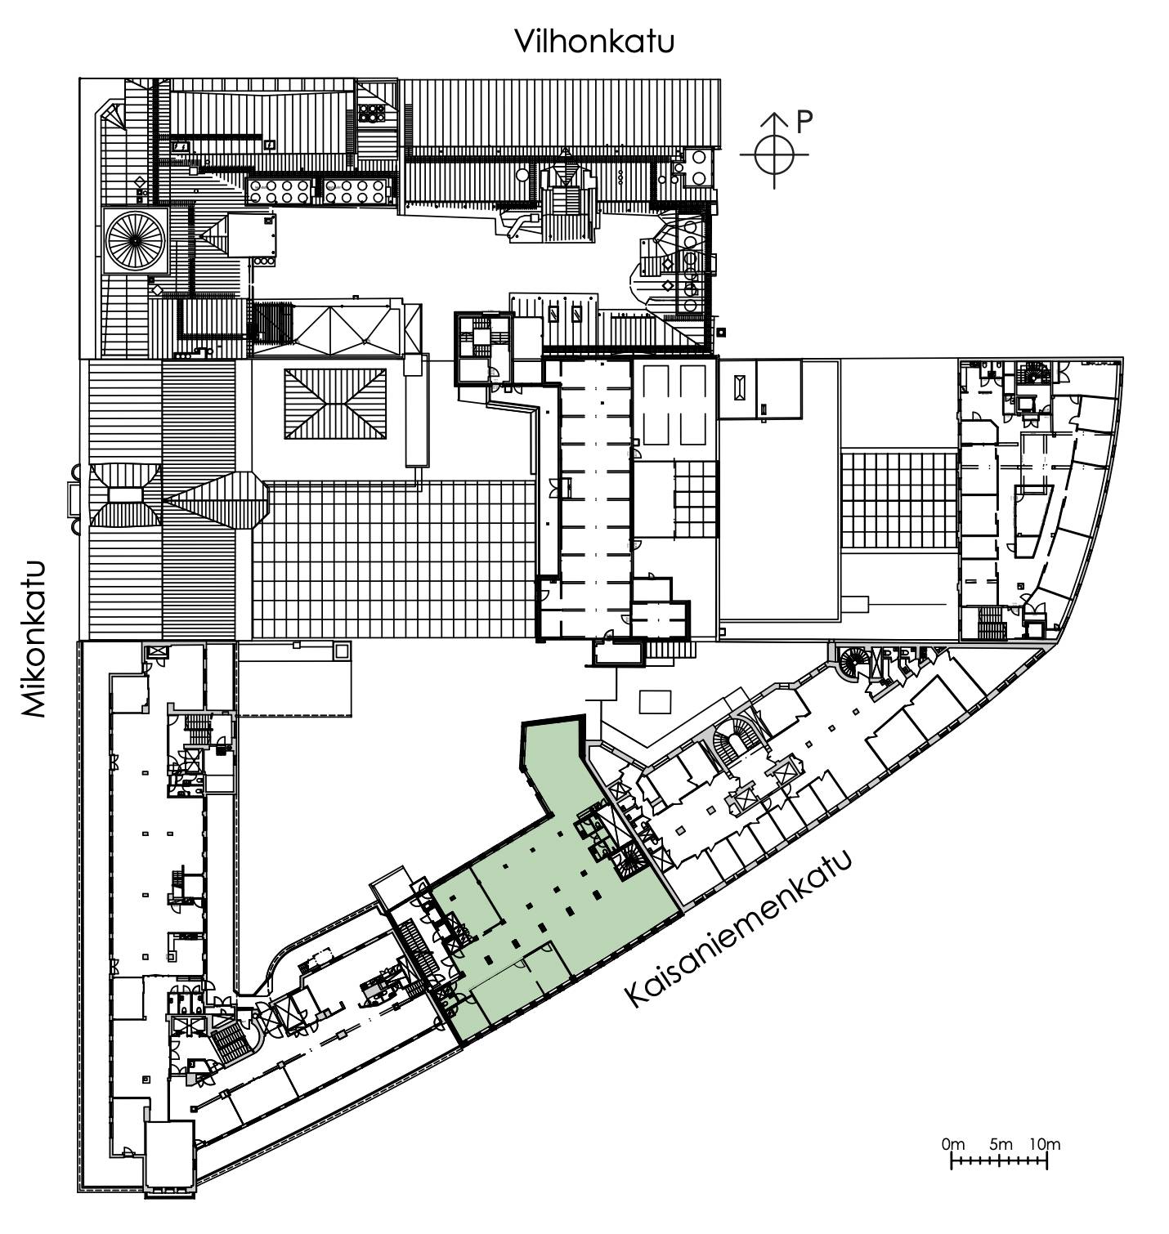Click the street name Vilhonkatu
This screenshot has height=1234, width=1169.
(x=594, y=41)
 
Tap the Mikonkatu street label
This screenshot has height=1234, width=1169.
(x=33, y=639)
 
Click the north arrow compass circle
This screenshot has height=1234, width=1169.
(x=774, y=154)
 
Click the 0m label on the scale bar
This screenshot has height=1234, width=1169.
(x=953, y=1143)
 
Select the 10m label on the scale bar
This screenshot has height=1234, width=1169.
(x=1045, y=1143)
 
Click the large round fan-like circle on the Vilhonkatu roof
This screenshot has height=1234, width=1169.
(x=136, y=240)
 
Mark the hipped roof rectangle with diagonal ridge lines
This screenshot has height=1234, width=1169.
(x=335, y=404)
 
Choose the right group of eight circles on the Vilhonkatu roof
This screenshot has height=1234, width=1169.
(x=355, y=191)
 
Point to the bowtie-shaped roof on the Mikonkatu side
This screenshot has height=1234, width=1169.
(x=125, y=495)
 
